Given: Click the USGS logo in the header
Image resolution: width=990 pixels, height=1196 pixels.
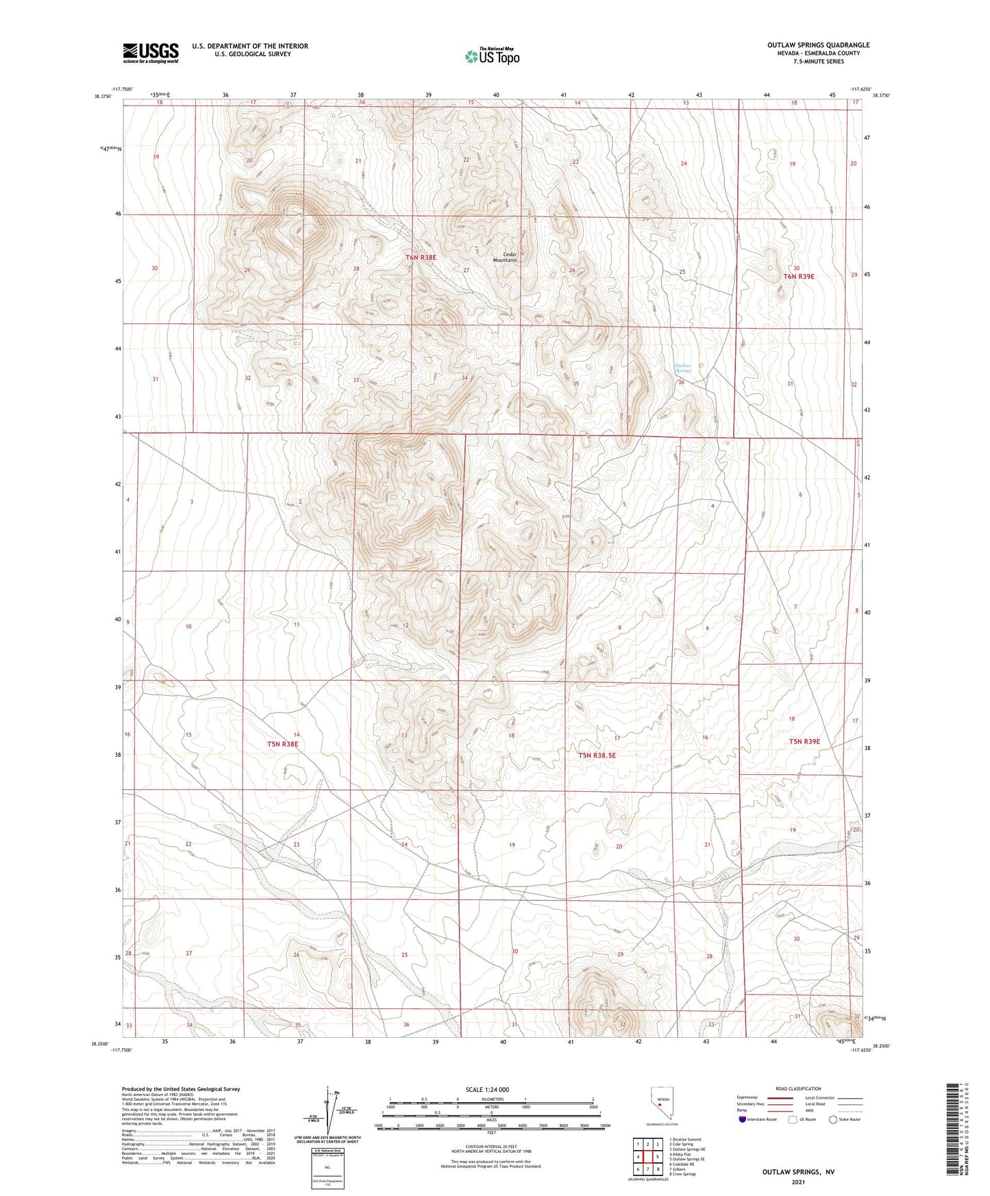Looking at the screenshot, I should click(x=151, y=52).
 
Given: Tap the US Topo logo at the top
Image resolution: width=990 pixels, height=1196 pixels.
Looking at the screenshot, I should click(x=491, y=56).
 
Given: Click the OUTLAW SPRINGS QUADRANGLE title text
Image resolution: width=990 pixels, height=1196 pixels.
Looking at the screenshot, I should click(x=818, y=45).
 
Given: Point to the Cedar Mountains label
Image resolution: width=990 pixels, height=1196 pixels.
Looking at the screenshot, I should click(x=505, y=258).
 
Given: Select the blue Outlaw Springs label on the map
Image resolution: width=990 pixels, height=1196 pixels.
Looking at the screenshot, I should click(x=683, y=368).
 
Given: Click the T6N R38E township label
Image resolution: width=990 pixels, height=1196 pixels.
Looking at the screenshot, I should click(x=421, y=258).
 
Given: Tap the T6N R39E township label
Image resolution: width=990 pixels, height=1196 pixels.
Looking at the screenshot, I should click(x=798, y=277).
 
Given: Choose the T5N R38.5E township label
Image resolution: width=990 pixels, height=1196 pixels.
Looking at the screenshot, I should click(x=597, y=756).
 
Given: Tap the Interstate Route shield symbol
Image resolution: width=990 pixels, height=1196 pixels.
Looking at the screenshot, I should click(x=743, y=1119).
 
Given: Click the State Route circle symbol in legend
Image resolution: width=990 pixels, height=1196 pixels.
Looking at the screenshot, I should click(x=832, y=1119).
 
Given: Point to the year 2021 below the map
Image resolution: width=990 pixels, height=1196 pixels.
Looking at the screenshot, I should click(x=797, y=1182).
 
